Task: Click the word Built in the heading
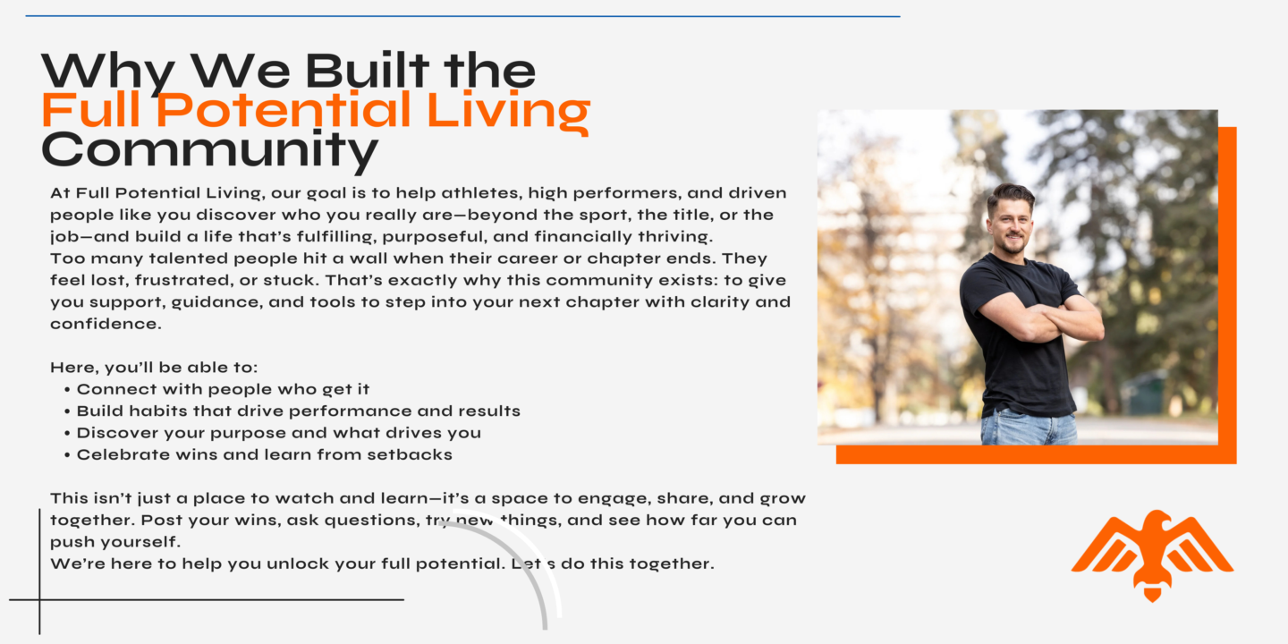(x=367, y=70)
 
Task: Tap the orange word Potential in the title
(x=284, y=109)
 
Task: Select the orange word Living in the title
(x=508, y=113)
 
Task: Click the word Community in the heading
(x=210, y=150)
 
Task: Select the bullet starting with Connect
(x=216, y=389)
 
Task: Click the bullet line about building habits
(x=292, y=411)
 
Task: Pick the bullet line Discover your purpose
(x=273, y=433)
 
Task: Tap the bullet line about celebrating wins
(x=258, y=454)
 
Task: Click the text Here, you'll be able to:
(x=154, y=368)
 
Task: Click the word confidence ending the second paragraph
(x=106, y=324)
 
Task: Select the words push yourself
(x=115, y=542)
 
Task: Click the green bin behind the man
(x=1145, y=393)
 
